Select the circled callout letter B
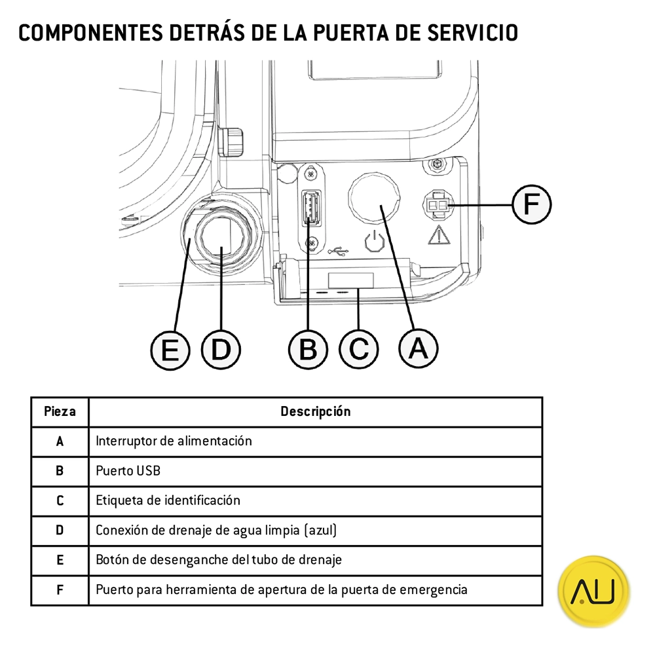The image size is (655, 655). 308,348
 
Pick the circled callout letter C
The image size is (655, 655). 359,348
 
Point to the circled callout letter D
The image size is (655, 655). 221,348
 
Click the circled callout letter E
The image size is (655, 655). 170,350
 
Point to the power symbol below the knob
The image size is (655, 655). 373,243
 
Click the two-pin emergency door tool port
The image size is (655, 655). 437,206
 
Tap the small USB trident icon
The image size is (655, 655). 340,250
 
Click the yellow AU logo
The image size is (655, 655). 593,591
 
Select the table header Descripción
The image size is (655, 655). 315,412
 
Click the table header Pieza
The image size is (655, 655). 60,412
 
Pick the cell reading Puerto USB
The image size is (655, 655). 128,471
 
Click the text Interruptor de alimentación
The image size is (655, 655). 174,441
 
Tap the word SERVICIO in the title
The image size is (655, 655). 472,32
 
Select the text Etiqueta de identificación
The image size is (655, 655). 168,500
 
